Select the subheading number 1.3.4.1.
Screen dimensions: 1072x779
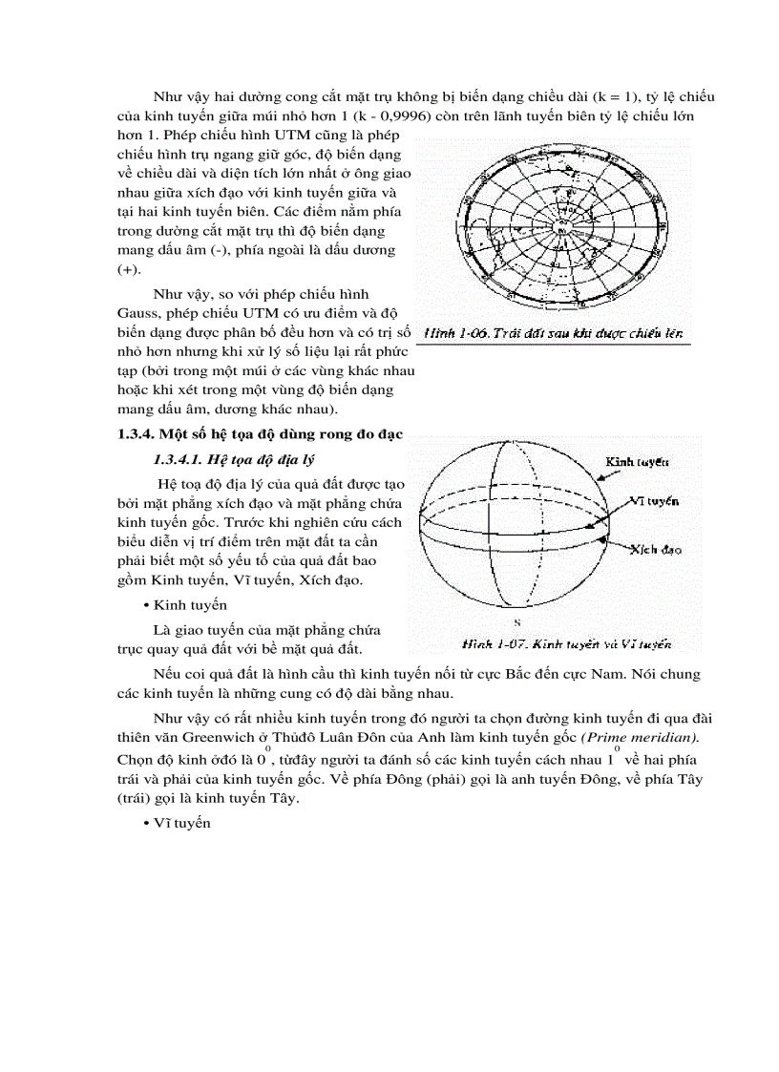[x=174, y=460]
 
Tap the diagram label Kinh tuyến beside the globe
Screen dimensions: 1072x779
[x=639, y=461]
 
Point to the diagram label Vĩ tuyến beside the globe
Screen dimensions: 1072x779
[x=654, y=500]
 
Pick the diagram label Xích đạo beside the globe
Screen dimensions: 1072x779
[x=655, y=550]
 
